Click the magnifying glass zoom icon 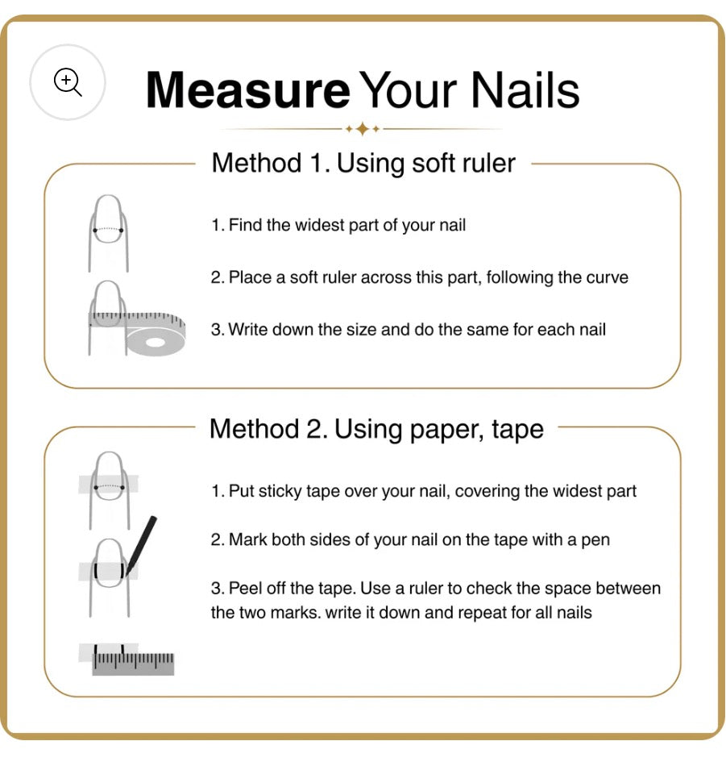(x=68, y=81)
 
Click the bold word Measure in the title (x=248, y=90)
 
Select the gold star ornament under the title (x=363, y=130)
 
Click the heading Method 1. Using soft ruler (x=363, y=163)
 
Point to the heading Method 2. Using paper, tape (x=376, y=430)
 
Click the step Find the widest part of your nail (x=338, y=225)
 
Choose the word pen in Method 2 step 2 (x=595, y=540)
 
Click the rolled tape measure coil (x=156, y=339)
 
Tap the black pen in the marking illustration (x=141, y=546)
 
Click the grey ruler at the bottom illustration (x=133, y=664)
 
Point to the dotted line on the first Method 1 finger (x=108, y=229)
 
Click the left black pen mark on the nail (x=96, y=570)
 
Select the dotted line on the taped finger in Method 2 (x=109, y=486)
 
